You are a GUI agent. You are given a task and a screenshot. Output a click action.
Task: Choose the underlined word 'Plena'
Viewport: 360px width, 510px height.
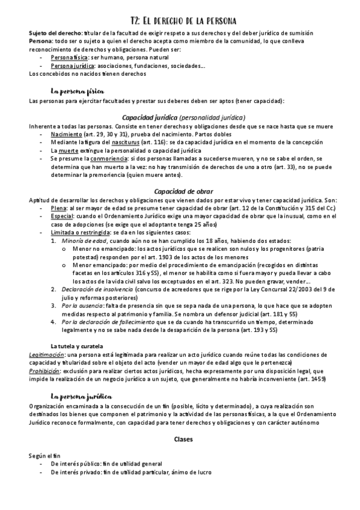point(59,207)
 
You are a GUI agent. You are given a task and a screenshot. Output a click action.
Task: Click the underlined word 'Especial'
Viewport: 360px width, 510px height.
point(63,215)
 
